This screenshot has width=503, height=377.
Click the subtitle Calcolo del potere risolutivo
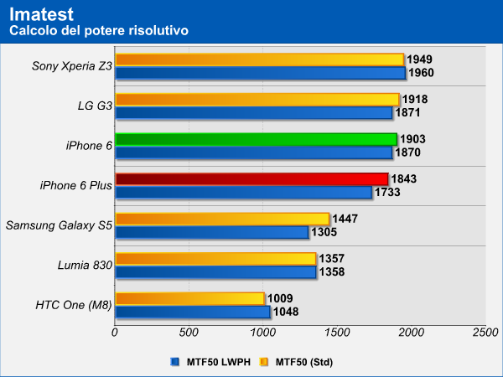[x=98, y=30]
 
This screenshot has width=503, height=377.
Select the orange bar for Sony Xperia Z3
[x=259, y=59]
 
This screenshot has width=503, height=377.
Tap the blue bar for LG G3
[x=253, y=112]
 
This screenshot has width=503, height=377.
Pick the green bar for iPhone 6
[x=256, y=139]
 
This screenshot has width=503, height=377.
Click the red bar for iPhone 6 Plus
[x=251, y=178]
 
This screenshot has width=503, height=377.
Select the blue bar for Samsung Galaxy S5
[x=211, y=232]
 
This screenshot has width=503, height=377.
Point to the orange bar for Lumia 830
[x=215, y=258]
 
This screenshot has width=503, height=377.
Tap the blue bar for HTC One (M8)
[x=192, y=312]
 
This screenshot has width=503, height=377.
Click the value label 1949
[x=419, y=59]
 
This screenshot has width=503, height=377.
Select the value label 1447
[x=346, y=218]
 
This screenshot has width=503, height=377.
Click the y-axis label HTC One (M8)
[x=73, y=305]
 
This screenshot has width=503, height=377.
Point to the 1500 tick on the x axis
[x=337, y=333]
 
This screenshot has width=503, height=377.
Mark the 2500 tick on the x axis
[x=485, y=333]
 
